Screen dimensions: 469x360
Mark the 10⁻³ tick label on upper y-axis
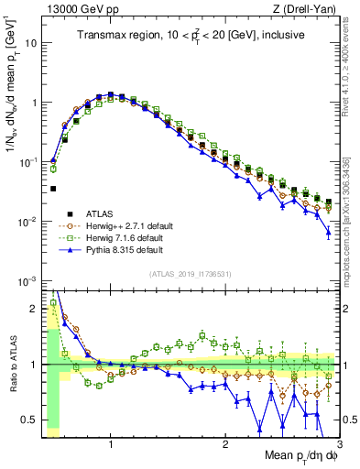[27, 281]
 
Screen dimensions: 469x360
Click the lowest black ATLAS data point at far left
[53, 189]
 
